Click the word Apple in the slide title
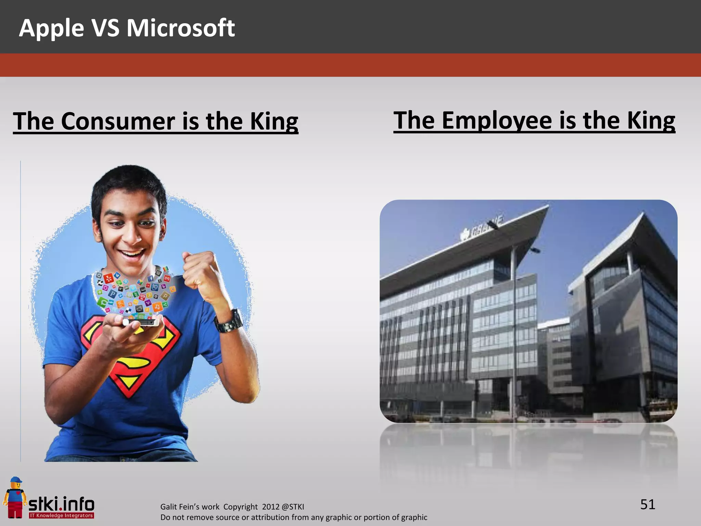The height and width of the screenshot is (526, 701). click(51, 28)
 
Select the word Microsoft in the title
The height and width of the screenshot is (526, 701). click(181, 28)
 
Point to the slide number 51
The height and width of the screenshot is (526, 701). click(648, 504)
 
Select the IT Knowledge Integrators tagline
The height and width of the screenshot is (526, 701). click(62, 515)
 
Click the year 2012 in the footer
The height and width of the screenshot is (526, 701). click(270, 507)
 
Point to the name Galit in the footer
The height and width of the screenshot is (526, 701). click(169, 507)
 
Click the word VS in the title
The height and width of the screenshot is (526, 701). click(105, 28)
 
